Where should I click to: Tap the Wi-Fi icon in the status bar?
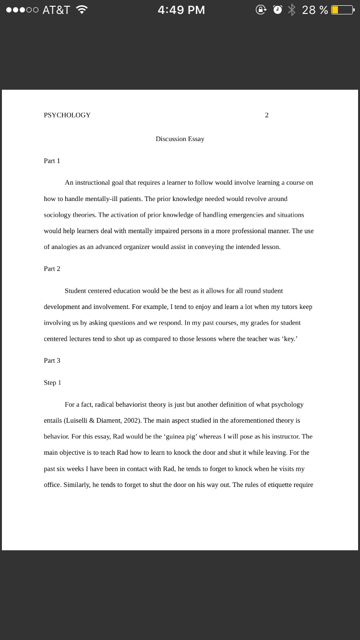click(x=82, y=10)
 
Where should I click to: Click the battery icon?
click(x=343, y=10)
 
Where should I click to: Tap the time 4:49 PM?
click(x=181, y=10)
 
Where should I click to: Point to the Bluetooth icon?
click(x=291, y=10)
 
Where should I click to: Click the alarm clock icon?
click(x=277, y=10)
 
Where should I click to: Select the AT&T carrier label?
click(x=56, y=10)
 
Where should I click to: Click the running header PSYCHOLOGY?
click(x=67, y=115)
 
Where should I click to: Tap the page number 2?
click(x=267, y=115)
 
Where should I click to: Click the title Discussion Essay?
click(x=180, y=139)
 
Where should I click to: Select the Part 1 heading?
click(x=52, y=161)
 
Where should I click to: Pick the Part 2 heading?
click(x=52, y=269)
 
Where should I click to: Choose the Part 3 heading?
click(x=52, y=360)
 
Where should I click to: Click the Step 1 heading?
click(x=52, y=382)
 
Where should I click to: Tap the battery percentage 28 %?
click(x=315, y=10)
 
